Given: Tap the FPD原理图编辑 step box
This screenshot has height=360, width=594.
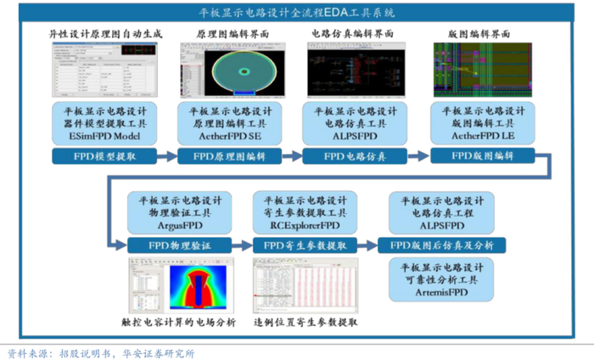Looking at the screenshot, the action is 229,156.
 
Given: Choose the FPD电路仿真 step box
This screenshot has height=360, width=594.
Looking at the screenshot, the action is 355,156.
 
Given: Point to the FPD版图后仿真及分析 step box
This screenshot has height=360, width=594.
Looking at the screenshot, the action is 441,245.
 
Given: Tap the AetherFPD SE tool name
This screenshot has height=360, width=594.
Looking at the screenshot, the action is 229,134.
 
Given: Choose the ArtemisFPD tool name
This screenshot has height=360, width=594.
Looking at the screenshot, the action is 441,292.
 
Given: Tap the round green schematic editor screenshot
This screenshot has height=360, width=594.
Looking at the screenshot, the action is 229,69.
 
